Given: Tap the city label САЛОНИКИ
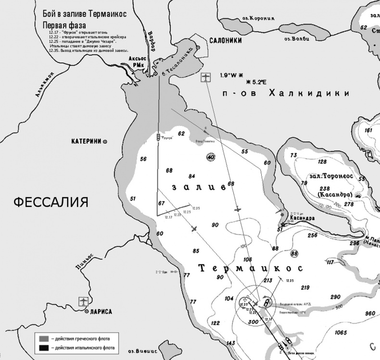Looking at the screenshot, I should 225,41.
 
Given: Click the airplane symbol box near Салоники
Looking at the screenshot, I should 206,77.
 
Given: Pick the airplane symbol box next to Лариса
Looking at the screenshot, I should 83,301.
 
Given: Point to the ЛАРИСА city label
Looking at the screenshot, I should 100,311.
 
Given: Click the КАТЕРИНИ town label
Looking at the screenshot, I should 87,141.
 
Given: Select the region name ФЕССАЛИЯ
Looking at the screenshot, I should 51,201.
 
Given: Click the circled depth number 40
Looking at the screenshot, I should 210,156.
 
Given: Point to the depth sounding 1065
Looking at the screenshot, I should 341,333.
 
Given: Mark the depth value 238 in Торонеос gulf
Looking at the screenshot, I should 325,188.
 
